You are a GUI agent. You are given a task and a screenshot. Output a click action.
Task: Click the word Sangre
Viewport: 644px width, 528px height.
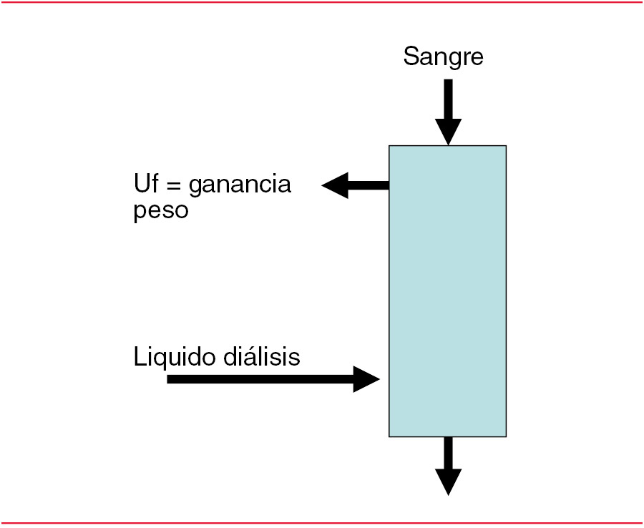pyautogui.click(x=443, y=57)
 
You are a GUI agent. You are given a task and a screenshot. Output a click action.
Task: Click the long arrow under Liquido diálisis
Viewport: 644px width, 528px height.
pyautogui.click(x=272, y=378)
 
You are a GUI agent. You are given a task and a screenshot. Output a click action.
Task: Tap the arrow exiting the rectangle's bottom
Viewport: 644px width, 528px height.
pyautogui.click(x=448, y=464)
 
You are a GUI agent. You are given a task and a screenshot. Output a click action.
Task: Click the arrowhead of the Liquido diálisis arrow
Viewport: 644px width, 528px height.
pyautogui.click(x=366, y=378)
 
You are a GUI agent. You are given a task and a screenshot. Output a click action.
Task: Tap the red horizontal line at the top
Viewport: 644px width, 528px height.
pyautogui.click(x=322, y=2)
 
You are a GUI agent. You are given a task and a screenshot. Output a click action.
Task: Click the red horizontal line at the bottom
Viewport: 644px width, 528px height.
pyautogui.click(x=322, y=523)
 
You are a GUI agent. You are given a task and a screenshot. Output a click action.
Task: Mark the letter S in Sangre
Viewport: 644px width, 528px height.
pyautogui.click(x=410, y=56)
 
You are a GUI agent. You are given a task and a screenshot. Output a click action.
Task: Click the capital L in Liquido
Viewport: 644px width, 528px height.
pyautogui.click(x=139, y=356)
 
